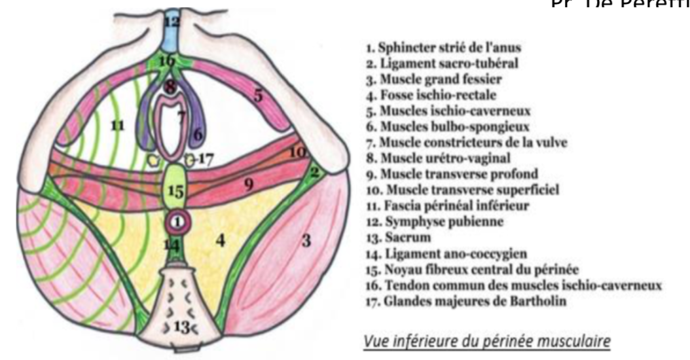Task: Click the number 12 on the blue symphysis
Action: (172, 21)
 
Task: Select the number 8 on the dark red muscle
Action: (172, 87)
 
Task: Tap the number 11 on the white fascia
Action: (118, 124)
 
